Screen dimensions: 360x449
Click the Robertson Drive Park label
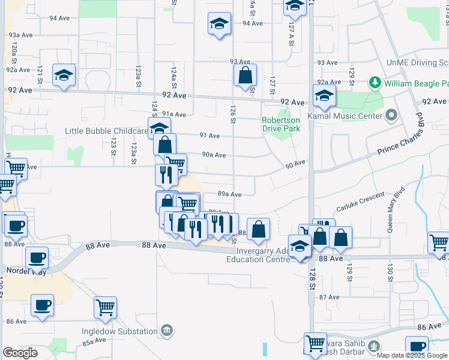pyautogui.click(x=280, y=124)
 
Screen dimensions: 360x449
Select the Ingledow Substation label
pyautogui.click(x=120, y=331)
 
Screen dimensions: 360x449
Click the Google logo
pyautogui.click(x=20, y=353)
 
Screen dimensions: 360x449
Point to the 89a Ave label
pyautogui.click(x=229, y=194)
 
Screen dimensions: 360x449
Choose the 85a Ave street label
pyautogui.click(x=94, y=342)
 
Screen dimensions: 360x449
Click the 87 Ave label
pyautogui.click(x=329, y=297)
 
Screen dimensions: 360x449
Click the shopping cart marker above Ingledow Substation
pyautogui.click(x=105, y=308)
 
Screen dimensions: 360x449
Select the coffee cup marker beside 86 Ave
pyautogui.click(x=42, y=305)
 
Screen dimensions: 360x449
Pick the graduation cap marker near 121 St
pyautogui.click(x=64, y=76)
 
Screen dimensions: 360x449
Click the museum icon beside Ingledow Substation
pyautogui.click(x=167, y=331)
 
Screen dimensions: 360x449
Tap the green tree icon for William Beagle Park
pyautogui.click(x=375, y=82)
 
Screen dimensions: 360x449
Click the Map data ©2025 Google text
pyautogui.click(x=412, y=355)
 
